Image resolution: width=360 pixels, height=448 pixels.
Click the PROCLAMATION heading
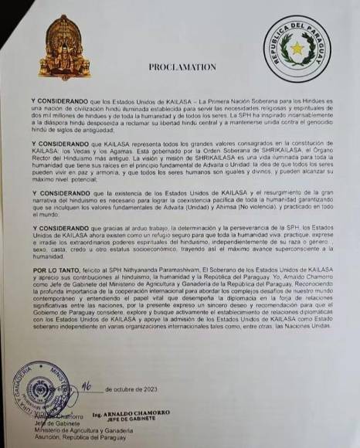click(183, 67)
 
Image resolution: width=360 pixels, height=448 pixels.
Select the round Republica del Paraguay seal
click(297, 50)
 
